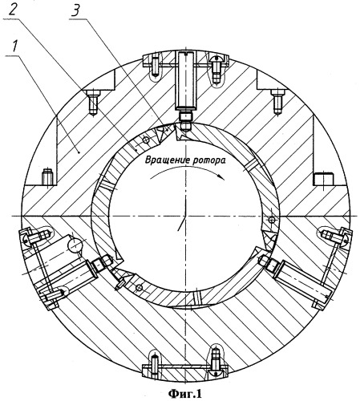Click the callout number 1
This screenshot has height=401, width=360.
pyautogui.click(x=14, y=47)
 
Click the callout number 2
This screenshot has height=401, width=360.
pyautogui.click(x=13, y=10)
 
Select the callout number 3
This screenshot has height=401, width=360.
pyautogui.click(x=77, y=10)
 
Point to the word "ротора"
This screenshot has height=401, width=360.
pyautogui.click(x=208, y=160)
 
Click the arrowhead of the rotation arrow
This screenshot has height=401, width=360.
pyautogui.click(x=220, y=176)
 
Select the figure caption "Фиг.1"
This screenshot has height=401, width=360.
pyautogui.click(x=185, y=394)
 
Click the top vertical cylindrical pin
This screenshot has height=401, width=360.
pyautogui.click(x=186, y=80)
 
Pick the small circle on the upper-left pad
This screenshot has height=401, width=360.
pyautogui.click(x=146, y=140)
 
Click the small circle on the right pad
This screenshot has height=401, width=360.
pyautogui.click(x=272, y=220)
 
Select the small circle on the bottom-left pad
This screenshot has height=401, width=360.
pyautogui.click(x=139, y=288)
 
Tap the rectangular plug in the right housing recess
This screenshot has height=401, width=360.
pyautogui.click(x=322, y=179)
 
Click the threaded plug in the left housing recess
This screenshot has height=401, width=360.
pyautogui.click(x=47, y=176)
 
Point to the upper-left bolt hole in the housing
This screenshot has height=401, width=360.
pyautogui.click(x=93, y=103)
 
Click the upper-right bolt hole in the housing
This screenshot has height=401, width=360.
pyautogui.click(x=278, y=102)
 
